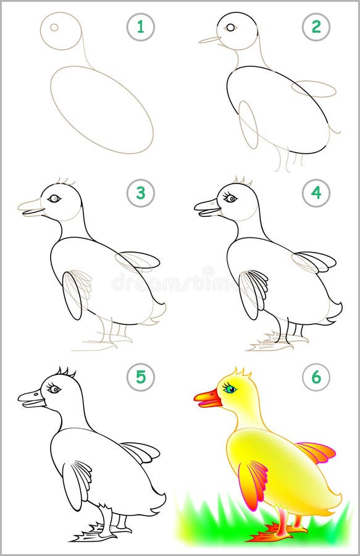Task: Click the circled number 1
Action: [x=141, y=27]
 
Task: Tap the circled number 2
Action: [x=316, y=27]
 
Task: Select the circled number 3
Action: [x=141, y=193]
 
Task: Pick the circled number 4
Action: [x=316, y=193]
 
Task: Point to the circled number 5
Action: [x=141, y=377]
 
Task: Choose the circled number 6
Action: [x=316, y=377]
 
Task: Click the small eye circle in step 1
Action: [x=54, y=27]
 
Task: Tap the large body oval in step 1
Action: [x=101, y=109]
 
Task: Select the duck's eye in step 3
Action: [x=55, y=198]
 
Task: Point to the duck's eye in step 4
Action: [x=230, y=198]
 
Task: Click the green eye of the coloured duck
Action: [x=230, y=389]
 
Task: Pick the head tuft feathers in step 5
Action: [x=65, y=372]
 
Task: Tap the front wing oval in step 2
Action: [x=248, y=124]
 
